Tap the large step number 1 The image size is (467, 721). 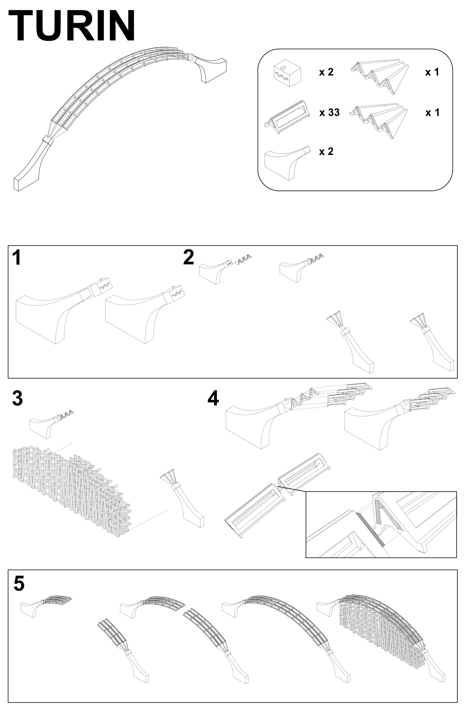(17, 258)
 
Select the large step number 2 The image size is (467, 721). (188, 258)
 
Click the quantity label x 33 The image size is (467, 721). (329, 113)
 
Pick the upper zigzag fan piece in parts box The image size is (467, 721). (381, 76)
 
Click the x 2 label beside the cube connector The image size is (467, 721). (326, 72)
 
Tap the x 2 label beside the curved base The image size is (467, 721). (326, 151)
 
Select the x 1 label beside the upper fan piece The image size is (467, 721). (432, 72)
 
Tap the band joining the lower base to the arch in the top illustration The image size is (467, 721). (48, 140)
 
